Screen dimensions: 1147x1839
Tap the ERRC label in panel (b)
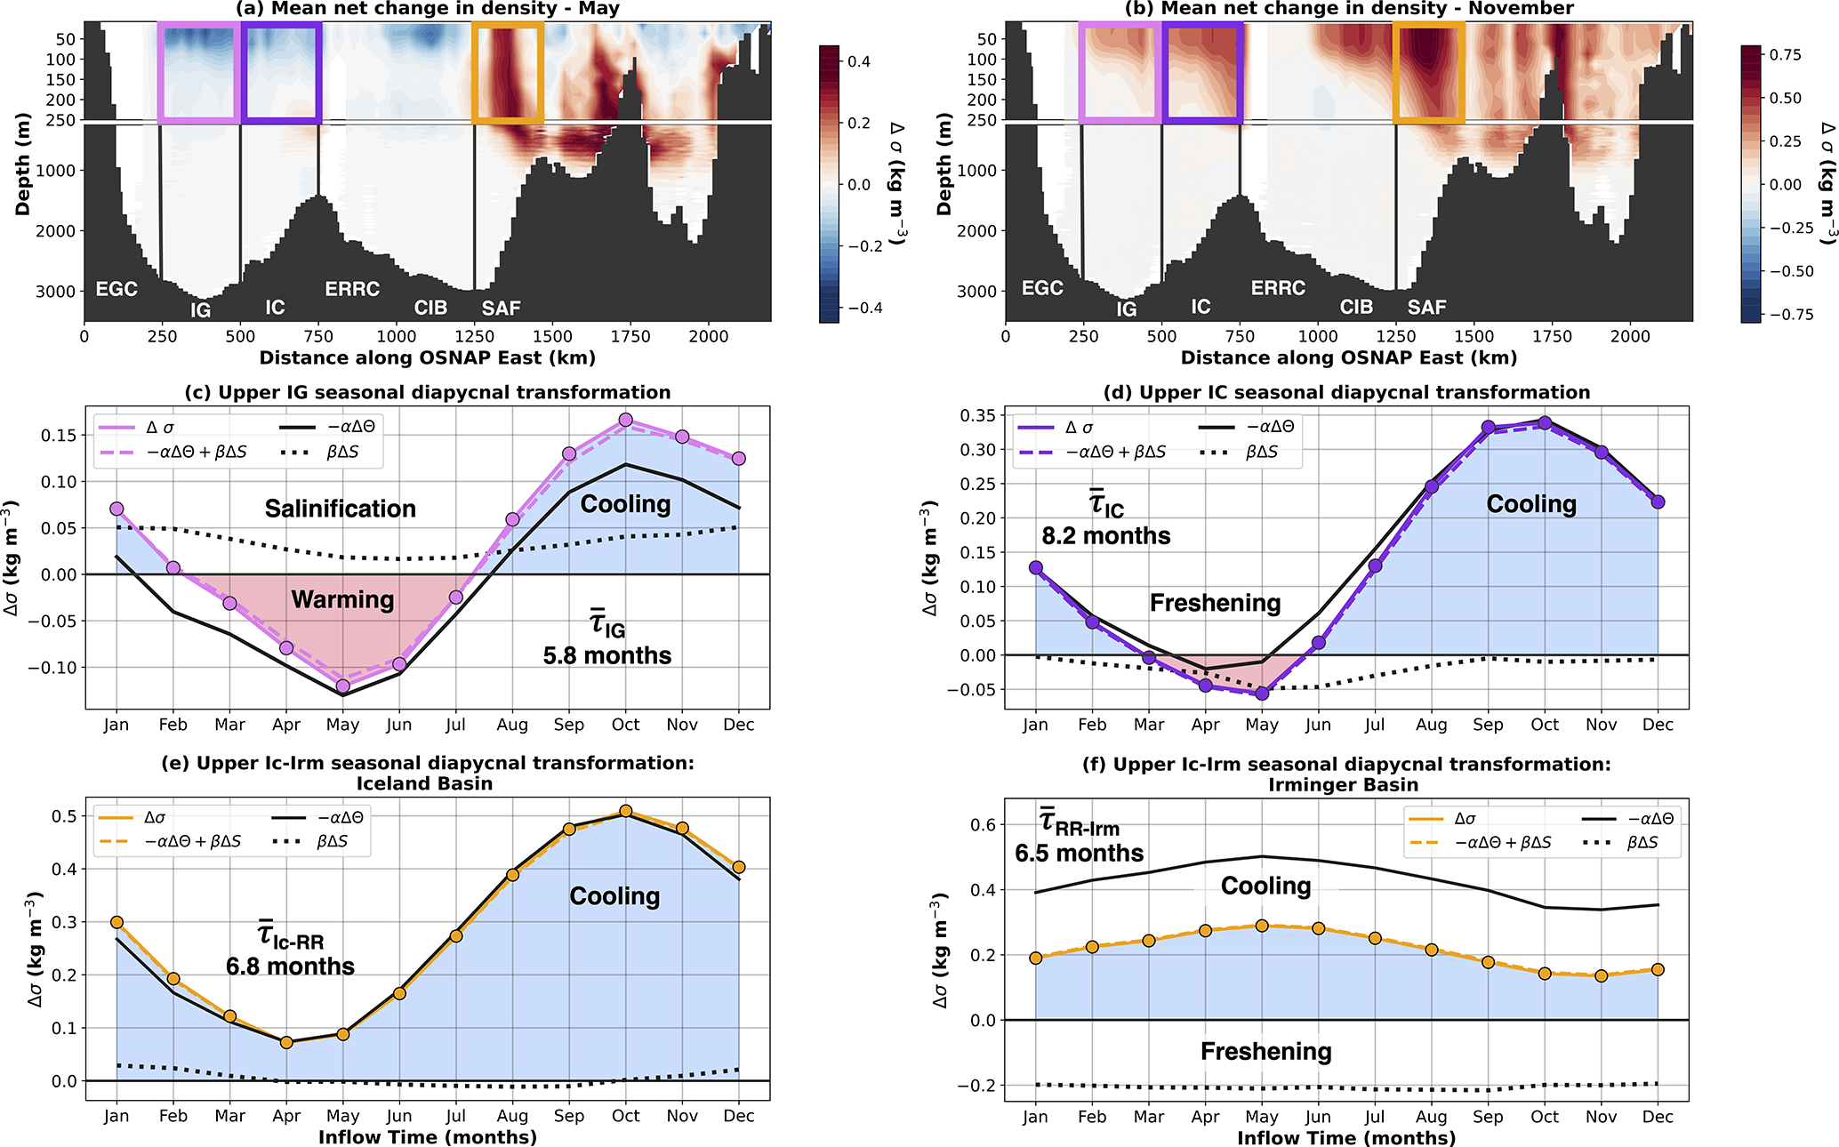click(x=1278, y=288)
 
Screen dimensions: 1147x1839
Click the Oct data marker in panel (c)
click(x=626, y=420)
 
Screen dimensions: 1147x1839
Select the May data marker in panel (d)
click(x=1262, y=693)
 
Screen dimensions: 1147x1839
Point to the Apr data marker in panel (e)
click(x=286, y=1042)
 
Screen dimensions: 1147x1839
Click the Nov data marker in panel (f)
click(x=1602, y=975)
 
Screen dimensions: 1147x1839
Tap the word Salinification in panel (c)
click(x=341, y=509)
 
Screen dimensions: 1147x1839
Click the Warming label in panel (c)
click(x=342, y=600)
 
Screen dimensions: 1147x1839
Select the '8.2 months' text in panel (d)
click(x=1106, y=536)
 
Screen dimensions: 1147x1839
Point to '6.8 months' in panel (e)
click(x=290, y=967)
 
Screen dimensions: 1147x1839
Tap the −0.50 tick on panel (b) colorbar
click(x=1780, y=271)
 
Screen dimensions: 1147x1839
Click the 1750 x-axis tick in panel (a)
click(x=630, y=337)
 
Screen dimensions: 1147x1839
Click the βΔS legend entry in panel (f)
click(x=1642, y=842)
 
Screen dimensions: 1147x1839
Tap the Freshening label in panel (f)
click(x=1265, y=1052)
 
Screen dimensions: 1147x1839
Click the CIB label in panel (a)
click(x=430, y=308)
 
